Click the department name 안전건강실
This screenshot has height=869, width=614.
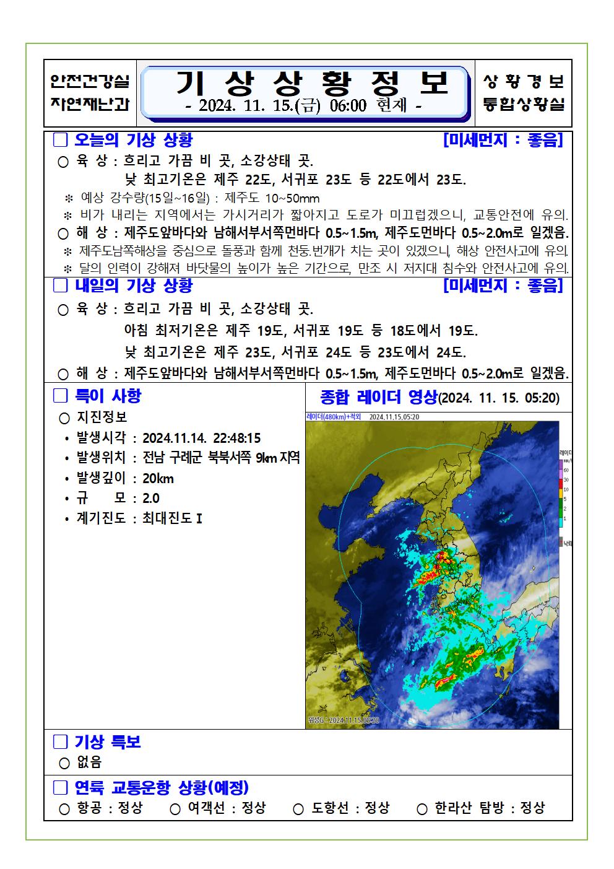coord(90,81)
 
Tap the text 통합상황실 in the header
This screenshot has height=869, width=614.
coord(524,105)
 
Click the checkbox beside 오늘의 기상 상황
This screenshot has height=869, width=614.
coord(60,140)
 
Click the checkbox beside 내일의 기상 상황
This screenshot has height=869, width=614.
coord(60,286)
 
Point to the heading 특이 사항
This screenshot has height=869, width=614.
coord(108,395)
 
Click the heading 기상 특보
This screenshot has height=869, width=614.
coord(108,741)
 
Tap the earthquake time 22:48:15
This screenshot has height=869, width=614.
coord(236,438)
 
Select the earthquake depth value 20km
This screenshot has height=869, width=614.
coord(158,478)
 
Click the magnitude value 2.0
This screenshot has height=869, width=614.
coord(150,498)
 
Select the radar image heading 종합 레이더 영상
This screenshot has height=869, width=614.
coord(378,396)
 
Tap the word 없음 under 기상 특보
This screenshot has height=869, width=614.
coord(89,762)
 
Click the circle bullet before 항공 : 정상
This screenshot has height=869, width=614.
coord(64,809)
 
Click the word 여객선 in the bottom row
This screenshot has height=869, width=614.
coord(206,808)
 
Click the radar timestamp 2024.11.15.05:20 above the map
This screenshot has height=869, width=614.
coord(394,417)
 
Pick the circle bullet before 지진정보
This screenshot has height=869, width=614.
coord(64,418)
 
